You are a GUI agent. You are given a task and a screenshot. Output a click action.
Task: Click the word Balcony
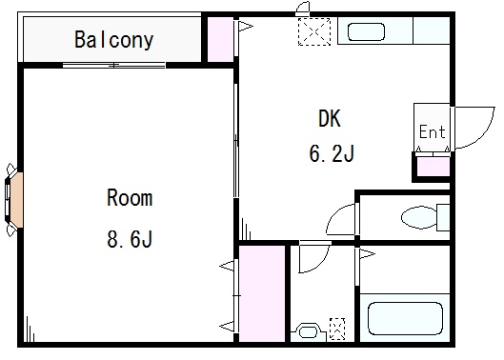pos(114,40)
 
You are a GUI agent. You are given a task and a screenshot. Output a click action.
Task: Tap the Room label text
pos(130,198)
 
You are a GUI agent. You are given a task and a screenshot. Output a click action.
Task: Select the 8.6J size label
pos(130,239)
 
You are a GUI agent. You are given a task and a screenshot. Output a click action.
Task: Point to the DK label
pos(330,118)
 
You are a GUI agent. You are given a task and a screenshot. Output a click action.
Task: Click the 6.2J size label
pos(332,153)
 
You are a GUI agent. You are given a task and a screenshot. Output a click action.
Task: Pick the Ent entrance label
pos(433,131)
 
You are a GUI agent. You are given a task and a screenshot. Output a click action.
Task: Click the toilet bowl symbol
pos(419,217)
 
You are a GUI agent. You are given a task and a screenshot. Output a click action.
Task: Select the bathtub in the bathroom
pos(405,318)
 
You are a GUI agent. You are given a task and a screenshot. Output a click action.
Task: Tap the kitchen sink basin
pos(366,31)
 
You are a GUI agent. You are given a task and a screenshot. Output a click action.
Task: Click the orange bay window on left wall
pos(16,200)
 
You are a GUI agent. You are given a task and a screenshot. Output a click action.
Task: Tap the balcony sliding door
pos(113,66)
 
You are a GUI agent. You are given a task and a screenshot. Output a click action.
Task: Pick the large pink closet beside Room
pos(262,293)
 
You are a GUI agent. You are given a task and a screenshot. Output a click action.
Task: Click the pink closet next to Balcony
pos(220,39)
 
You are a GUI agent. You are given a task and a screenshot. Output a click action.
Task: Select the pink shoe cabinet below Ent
pos(433,167)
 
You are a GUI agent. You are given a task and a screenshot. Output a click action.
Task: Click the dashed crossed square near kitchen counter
pos(314,31)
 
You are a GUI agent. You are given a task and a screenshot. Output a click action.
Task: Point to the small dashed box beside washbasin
pos(337,329)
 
